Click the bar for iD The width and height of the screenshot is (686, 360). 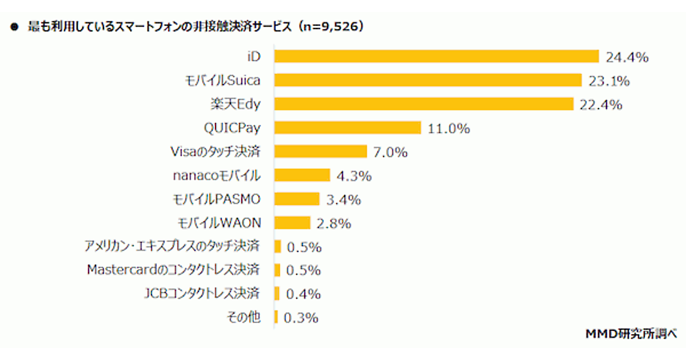pyautogui.click(x=436, y=56)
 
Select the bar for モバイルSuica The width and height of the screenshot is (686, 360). pyautogui.click(x=428, y=80)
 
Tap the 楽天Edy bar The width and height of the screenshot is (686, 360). pyautogui.click(x=424, y=104)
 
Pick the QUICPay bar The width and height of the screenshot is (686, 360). pyautogui.click(x=348, y=127)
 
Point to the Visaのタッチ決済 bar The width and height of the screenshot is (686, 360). pyautogui.click(x=320, y=151)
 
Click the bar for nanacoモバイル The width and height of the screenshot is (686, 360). pyautogui.click(x=302, y=175)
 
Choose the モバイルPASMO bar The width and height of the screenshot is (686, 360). pyautogui.click(x=297, y=199)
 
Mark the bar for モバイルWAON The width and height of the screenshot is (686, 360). pyautogui.click(x=292, y=222)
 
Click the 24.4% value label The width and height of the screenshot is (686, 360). pyautogui.click(x=627, y=57)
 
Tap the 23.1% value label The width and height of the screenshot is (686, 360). pyautogui.click(x=609, y=81)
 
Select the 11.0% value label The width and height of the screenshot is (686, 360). pyautogui.click(x=449, y=129)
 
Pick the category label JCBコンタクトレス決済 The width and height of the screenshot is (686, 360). pyautogui.click(x=201, y=294)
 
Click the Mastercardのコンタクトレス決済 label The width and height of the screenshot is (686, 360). pyautogui.click(x=174, y=269)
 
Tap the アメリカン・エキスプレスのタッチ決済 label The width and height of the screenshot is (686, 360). pyautogui.click(x=171, y=246)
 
